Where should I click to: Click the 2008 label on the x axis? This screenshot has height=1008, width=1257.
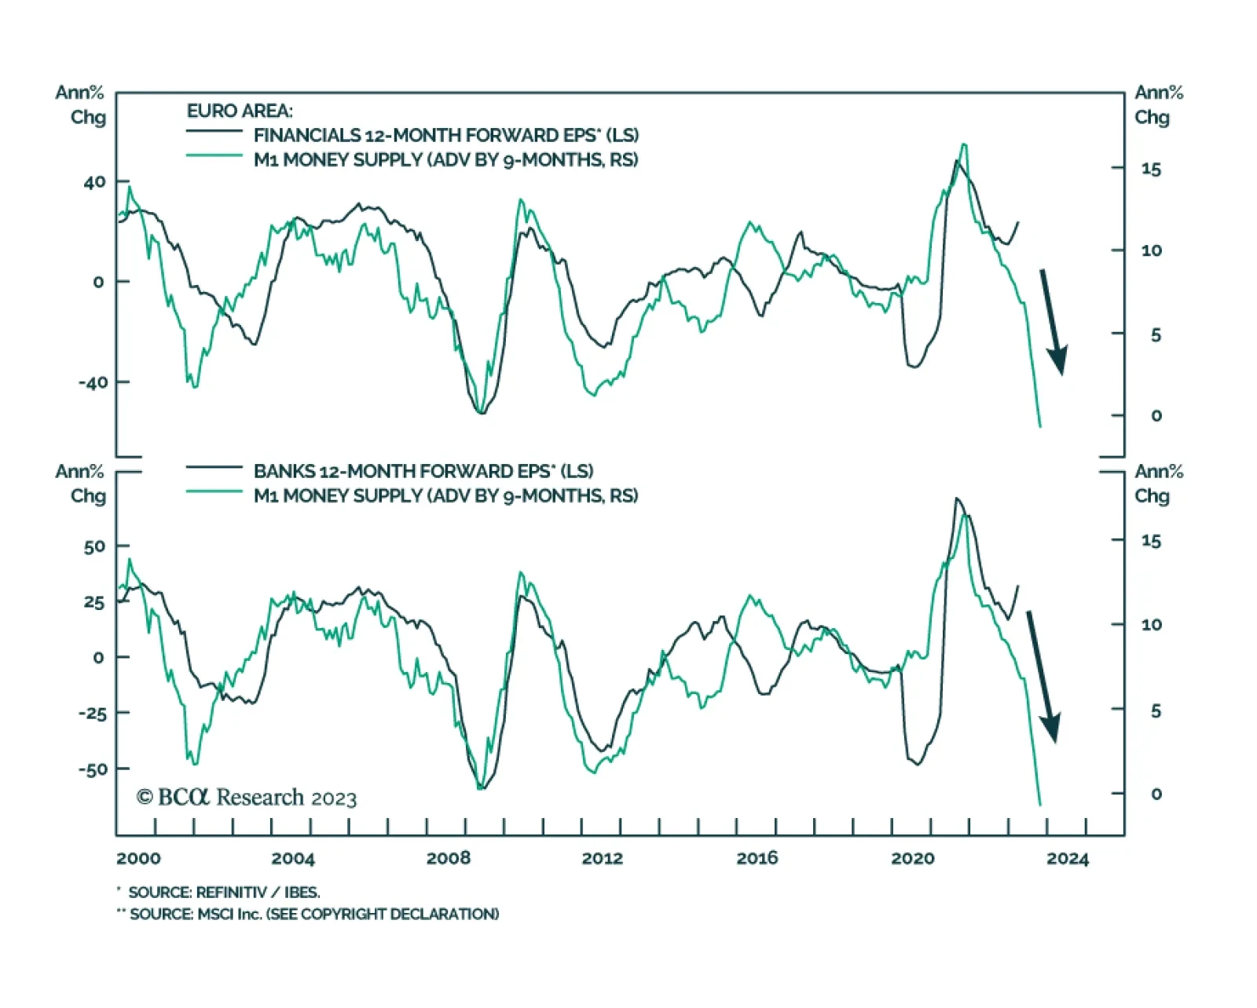coord(448,858)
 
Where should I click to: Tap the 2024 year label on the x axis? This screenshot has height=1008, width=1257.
coord(1067,858)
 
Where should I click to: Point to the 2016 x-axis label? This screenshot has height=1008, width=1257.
coord(757,858)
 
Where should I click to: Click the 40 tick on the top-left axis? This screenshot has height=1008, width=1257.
coord(94,182)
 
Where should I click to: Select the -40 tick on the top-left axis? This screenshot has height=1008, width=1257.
coord(92,382)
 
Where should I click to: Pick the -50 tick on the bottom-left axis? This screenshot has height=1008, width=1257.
coord(92,769)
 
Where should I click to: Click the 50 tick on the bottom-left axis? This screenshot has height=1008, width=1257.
coord(94,546)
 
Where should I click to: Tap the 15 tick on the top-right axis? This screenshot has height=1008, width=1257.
coord(1151,169)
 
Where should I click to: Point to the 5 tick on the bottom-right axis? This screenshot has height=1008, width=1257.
coord(1156,710)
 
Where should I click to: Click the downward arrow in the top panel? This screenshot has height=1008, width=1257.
coord(1053,322)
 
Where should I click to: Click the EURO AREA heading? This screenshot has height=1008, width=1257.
coord(240,111)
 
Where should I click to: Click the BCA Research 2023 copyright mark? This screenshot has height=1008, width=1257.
coord(247,798)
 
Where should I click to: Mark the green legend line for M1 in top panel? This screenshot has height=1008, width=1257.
coord(214,155)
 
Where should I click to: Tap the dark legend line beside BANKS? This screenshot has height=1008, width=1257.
coord(214,467)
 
